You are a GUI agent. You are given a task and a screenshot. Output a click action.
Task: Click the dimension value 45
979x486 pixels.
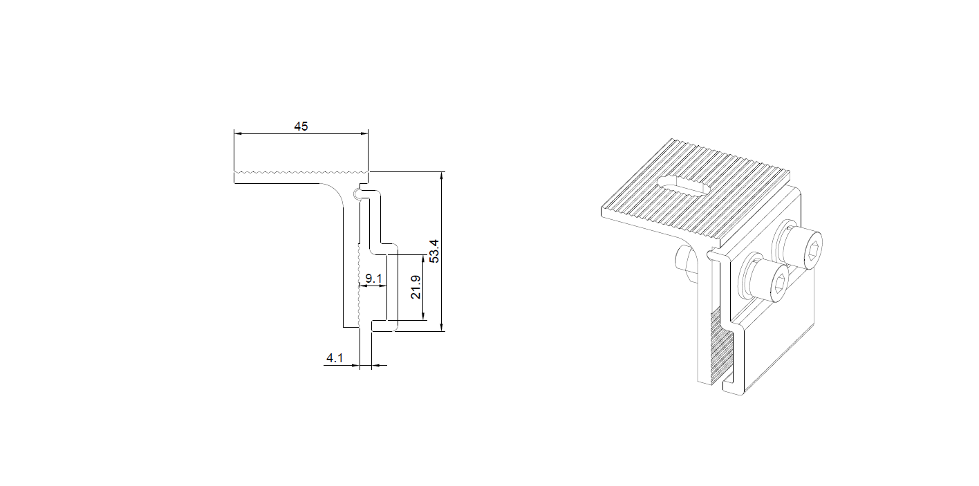[x=301, y=127]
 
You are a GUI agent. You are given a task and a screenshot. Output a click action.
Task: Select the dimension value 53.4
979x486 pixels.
[x=434, y=251]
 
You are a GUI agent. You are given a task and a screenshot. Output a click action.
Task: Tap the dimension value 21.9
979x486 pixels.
[x=416, y=287]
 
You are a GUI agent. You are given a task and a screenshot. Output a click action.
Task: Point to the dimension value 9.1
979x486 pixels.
[x=373, y=279]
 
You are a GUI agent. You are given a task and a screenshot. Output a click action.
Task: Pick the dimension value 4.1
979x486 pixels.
[x=335, y=358]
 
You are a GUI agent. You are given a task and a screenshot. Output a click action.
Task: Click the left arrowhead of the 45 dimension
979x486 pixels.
[x=238, y=133]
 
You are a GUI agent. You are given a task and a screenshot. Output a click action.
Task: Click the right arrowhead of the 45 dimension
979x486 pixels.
[x=364, y=133]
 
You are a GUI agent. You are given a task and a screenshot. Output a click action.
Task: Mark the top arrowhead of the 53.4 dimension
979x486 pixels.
[x=442, y=176]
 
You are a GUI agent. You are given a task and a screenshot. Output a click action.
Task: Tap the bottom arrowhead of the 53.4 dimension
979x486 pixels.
[x=442, y=328]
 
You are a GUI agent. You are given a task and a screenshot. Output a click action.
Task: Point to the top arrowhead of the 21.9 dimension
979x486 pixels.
[x=423, y=259]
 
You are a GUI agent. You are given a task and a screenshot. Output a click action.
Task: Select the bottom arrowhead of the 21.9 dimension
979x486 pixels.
[x=423, y=317]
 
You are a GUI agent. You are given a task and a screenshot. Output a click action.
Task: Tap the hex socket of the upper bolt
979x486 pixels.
[x=814, y=252]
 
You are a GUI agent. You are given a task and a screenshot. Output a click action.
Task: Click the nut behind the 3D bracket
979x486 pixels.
[x=686, y=263]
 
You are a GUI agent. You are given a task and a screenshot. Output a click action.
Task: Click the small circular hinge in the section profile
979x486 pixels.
[x=357, y=194]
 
